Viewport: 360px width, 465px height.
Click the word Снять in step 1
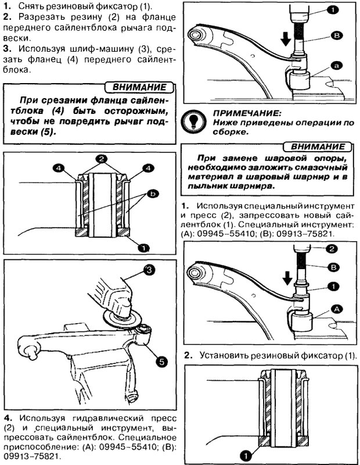click(30, 6)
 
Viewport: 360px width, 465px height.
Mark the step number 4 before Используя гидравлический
click(6, 419)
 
